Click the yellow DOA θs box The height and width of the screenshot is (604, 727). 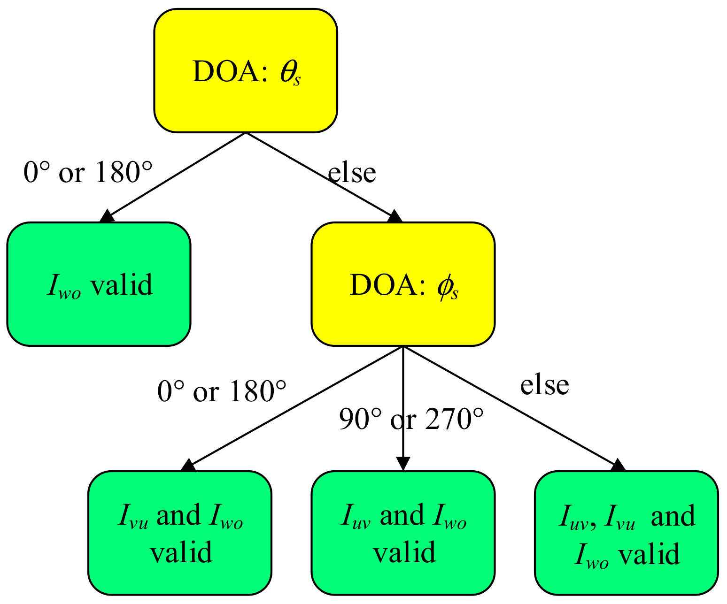click(x=246, y=70)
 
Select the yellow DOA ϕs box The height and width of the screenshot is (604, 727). click(x=403, y=284)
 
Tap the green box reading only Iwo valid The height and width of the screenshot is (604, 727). click(x=99, y=284)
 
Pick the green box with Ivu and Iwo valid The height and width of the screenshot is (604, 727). click(x=180, y=533)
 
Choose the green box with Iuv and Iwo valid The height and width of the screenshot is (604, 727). click(x=403, y=533)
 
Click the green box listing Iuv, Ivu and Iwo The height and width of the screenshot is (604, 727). click(x=626, y=533)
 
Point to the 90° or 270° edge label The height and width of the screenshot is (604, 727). click(x=411, y=419)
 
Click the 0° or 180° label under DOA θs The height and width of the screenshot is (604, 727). click(x=88, y=172)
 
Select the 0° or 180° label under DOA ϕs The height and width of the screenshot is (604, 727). click(x=222, y=390)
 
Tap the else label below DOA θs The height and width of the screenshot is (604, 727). click(x=352, y=172)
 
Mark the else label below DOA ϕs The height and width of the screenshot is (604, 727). click(x=544, y=385)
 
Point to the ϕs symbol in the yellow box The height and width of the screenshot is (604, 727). click(x=447, y=287)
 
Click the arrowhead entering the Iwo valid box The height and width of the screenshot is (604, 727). click(x=107, y=217)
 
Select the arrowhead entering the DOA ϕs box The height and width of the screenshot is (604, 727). click(x=395, y=216)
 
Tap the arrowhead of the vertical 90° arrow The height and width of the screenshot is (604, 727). click(x=403, y=463)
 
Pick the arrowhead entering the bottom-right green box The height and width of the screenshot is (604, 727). click(x=619, y=465)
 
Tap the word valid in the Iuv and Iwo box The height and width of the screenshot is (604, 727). click(x=404, y=552)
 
